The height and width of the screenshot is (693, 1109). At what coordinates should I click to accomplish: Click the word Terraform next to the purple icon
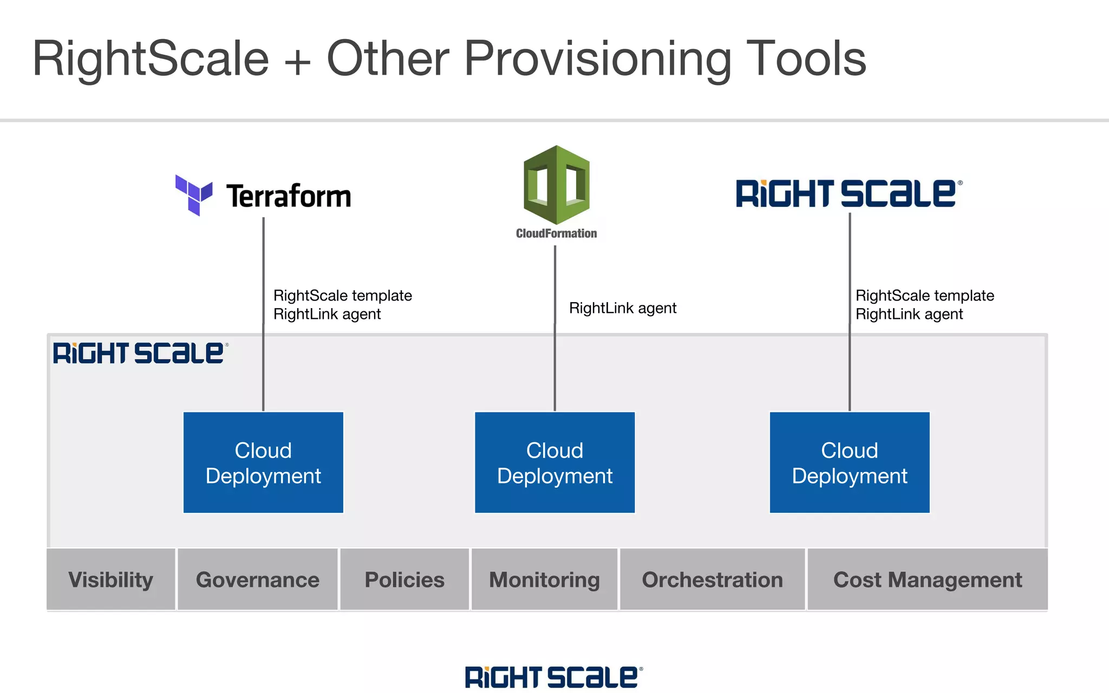(x=289, y=196)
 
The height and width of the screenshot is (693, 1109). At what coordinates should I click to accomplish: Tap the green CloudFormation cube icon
(x=556, y=185)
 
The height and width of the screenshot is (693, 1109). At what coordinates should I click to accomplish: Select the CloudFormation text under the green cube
(x=556, y=233)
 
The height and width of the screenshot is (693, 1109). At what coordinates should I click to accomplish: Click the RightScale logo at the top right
(x=848, y=194)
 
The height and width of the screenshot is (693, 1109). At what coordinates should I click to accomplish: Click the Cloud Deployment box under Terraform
(x=263, y=462)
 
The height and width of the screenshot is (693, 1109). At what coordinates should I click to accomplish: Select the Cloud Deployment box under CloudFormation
(x=554, y=462)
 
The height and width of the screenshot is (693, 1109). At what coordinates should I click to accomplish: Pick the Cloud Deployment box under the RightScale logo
(x=849, y=462)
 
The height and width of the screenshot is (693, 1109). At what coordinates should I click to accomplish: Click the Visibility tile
(x=111, y=579)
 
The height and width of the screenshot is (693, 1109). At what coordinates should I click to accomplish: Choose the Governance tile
(x=258, y=579)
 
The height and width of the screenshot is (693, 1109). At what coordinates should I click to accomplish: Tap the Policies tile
(x=405, y=579)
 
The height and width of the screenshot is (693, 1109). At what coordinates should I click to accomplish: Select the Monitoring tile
(x=544, y=579)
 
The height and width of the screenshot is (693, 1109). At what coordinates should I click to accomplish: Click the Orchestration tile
(x=712, y=579)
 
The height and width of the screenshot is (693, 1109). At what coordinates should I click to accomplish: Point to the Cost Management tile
(x=927, y=579)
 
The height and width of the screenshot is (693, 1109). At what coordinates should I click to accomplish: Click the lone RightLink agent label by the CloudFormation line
(x=622, y=308)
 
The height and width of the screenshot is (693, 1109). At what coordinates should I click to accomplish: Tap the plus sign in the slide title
(x=297, y=61)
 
